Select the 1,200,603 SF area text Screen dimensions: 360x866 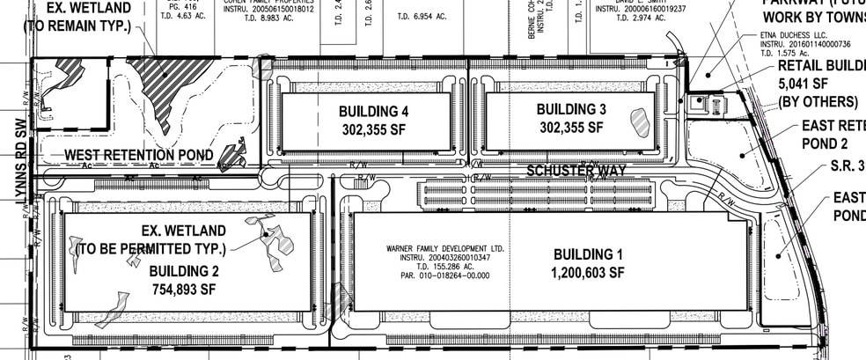[x=589, y=273]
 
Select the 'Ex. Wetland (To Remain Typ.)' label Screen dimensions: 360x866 [x=78, y=17]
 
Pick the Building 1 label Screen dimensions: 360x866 [x=588, y=254]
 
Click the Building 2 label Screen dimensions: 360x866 [x=183, y=270]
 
